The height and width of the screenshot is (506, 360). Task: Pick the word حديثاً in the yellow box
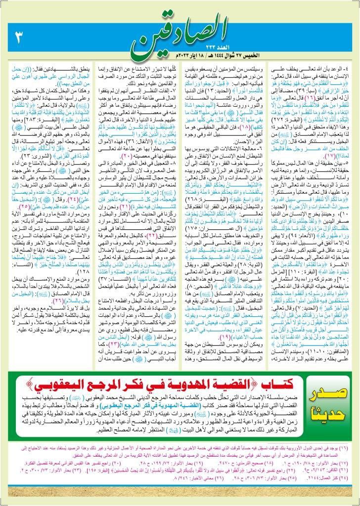pyautogui.click(x=327, y=418)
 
